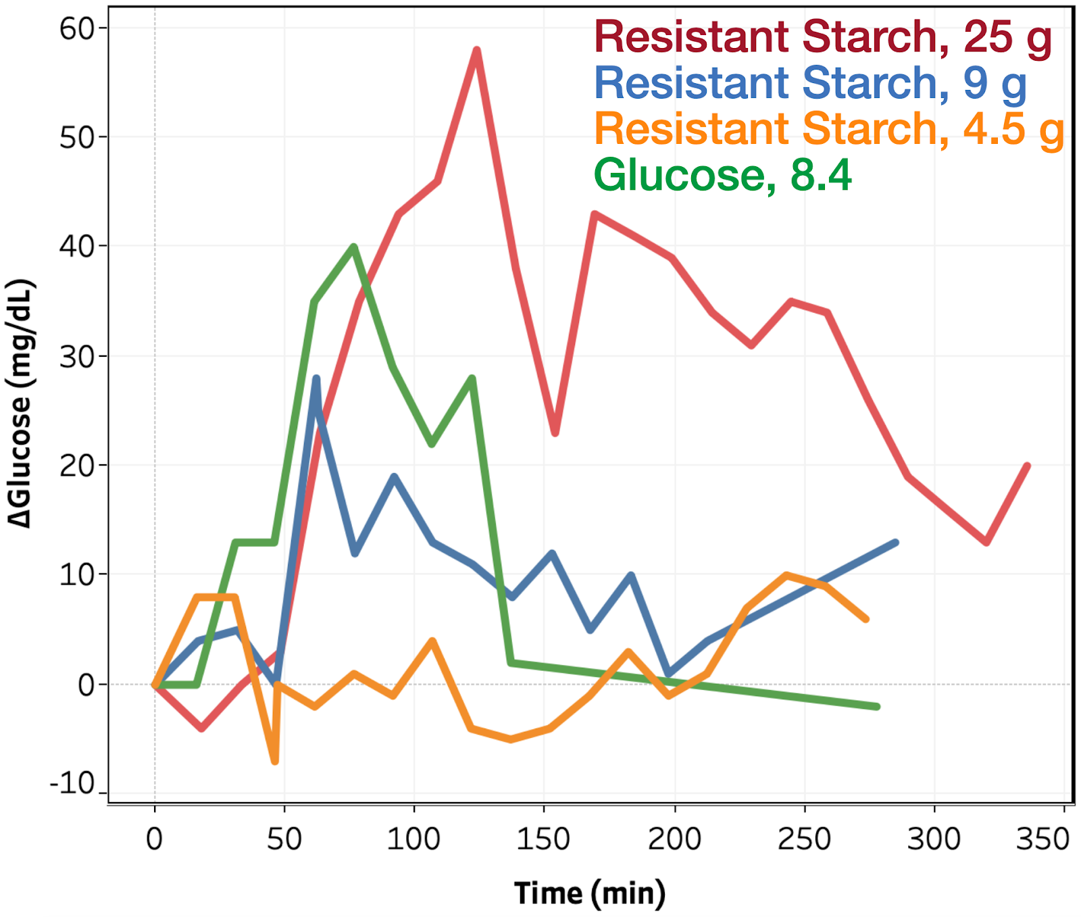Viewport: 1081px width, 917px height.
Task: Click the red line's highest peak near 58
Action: [477, 51]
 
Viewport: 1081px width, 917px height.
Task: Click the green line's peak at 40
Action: [353, 247]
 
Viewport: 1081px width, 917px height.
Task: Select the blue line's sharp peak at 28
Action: [316, 378]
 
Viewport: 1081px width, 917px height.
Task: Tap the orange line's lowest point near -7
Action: [275, 762]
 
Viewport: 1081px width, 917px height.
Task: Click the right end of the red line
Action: [1027, 466]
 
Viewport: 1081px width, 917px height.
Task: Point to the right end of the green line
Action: [877, 706]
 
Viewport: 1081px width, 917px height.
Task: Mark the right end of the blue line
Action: [896, 543]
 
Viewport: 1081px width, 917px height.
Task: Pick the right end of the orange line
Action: [865, 618]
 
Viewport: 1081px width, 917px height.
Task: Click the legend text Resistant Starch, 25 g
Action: [823, 36]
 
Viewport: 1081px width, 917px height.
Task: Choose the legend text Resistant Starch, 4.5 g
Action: [830, 128]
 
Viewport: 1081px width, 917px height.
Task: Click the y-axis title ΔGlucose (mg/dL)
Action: [20, 403]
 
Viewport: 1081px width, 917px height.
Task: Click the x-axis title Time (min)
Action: [590, 893]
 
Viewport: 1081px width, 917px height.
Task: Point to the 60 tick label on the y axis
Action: [76, 28]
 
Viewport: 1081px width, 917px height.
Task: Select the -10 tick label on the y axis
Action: [72, 784]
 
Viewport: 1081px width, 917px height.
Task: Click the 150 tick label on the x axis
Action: [543, 839]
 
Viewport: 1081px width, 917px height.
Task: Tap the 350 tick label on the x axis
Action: [1042, 839]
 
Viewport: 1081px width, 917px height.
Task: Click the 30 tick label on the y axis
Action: [76, 356]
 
